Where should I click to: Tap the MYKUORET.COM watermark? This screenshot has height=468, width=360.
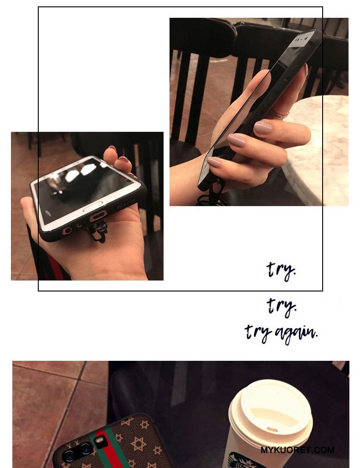(298, 450)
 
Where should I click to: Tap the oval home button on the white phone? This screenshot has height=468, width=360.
(93, 206)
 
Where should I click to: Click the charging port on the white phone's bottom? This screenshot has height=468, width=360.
(98, 215)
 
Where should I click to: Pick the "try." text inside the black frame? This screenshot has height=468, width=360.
(281, 270)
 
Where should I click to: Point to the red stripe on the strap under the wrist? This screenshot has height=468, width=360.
(54, 267)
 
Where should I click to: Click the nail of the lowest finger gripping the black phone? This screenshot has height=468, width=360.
(214, 162)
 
